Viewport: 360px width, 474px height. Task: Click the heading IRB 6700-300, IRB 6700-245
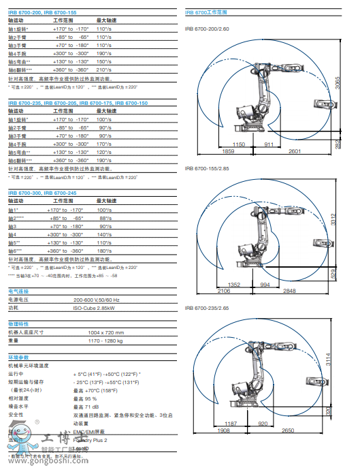(x=42, y=193)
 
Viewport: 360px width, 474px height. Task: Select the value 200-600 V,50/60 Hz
(x=96, y=300)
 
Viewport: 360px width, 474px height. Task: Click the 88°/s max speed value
(x=105, y=217)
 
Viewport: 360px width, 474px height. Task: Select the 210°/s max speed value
(x=103, y=69)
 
